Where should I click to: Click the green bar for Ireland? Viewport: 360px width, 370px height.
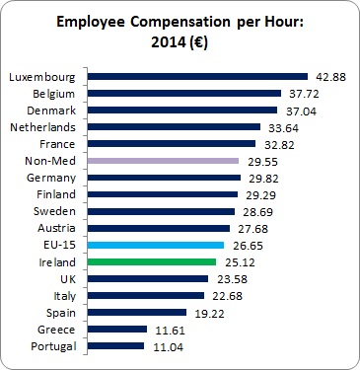pos(151,261)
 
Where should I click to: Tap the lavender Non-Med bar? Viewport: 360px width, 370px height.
pos(163,160)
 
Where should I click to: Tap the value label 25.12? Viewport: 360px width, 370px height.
pos(235,262)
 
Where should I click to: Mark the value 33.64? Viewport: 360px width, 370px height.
pos(281,127)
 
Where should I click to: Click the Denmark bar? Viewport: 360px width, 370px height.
pos(181,111)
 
